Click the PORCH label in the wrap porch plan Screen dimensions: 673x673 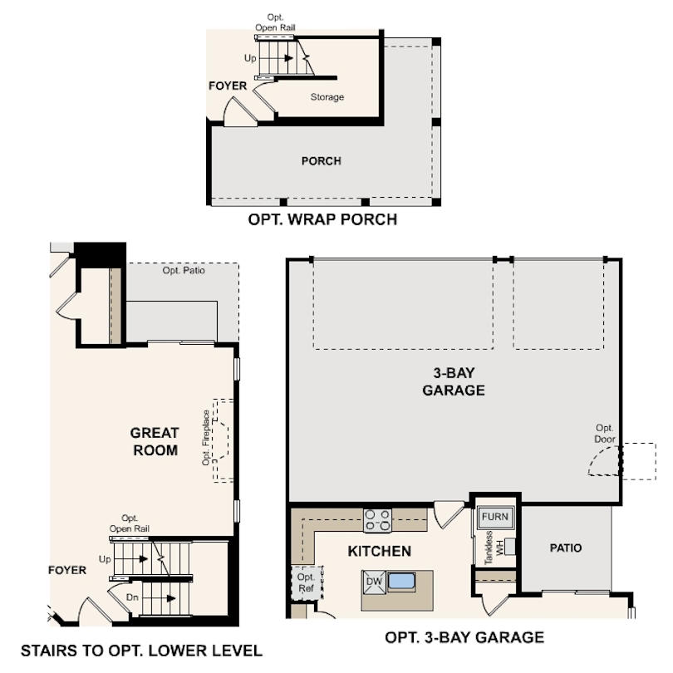pyautogui.click(x=321, y=161)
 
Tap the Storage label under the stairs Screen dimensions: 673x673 pyautogui.click(x=327, y=97)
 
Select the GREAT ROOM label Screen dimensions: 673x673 pyautogui.click(x=155, y=441)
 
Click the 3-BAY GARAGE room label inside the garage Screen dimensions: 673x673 pyautogui.click(x=454, y=381)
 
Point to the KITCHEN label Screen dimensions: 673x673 pyautogui.click(x=380, y=551)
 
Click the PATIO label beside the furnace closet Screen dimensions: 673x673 pyautogui.click(x=566, y=548)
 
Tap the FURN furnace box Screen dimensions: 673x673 pyautogui.click(x=495, y=517)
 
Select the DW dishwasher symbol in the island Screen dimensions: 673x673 pyautogui.click(x=374, y=582)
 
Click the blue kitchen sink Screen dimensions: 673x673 pyautogui.click(x=400, y=581)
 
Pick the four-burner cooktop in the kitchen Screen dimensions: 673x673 pyautogui.click(x=378, y=520)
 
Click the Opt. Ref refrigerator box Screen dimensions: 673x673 pyautogui.click(x=306, y=583)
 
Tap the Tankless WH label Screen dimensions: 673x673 pyautogui.click(x=494, y=548)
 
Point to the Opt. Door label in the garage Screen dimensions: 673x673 pyautogui.click(x=604, y=434)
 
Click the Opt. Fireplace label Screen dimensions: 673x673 pyautogui.click(x=206, y=438)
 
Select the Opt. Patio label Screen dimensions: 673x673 pyautogui.click(x=184, y=270)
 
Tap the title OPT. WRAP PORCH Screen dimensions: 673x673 pyautogui.click(x=322, y=219)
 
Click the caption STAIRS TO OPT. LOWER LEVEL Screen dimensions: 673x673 pyautogui.click(x=141, y=651)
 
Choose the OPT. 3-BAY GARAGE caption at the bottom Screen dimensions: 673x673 pyautogui.click(x=464, y=637)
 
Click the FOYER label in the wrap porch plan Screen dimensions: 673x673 pyautogui.click(x=228, y=86)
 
